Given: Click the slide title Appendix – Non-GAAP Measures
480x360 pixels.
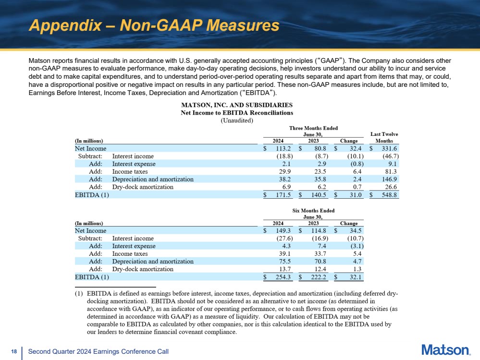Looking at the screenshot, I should (x=154, y=25).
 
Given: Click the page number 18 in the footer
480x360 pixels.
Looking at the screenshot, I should (x=13, y=352).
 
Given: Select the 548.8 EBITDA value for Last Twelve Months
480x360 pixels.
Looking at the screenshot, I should (x=389, y=195).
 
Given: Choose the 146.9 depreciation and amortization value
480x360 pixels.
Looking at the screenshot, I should (x=389, y=179).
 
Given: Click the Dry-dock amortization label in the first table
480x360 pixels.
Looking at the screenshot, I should (x=143, y=187).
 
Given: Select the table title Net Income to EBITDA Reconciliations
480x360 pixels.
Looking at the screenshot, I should (x=236, y=113).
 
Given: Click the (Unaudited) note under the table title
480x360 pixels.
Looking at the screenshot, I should (x=236, y=120).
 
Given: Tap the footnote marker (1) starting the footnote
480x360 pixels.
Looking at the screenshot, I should (x=78, y=293).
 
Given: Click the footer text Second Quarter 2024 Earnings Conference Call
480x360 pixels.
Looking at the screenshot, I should (x=98, y=352).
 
